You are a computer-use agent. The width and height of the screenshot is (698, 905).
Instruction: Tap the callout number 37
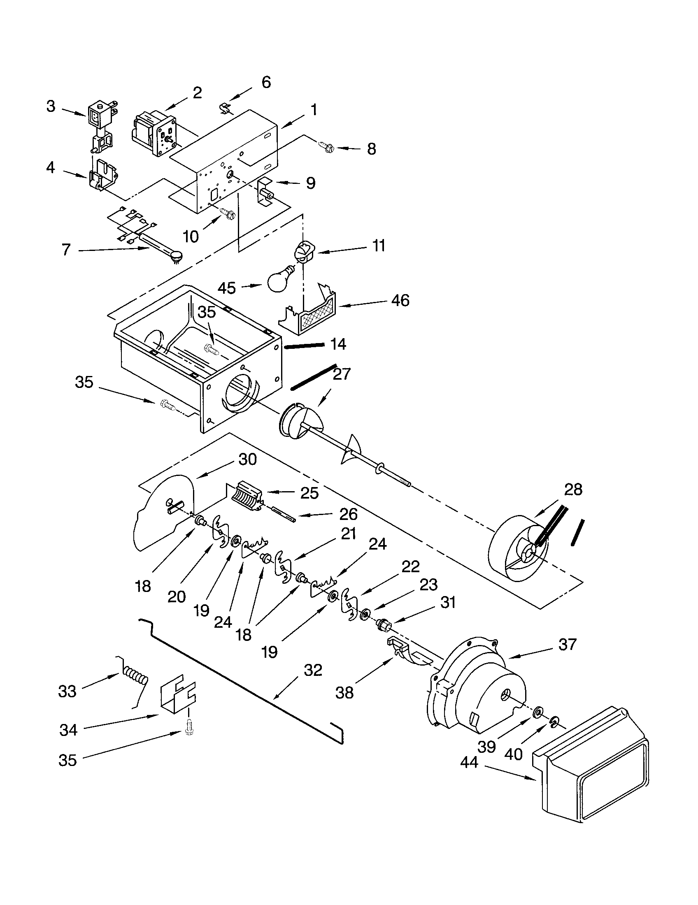(x=567, y=644)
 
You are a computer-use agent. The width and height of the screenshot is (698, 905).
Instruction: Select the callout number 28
(x=573, y=490)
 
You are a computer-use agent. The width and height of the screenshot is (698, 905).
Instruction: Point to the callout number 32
(x=313, y=670)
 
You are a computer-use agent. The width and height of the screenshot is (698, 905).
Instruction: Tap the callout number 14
(x=338, y=344)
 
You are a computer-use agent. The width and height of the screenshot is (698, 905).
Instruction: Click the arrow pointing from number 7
(x=114, y=249)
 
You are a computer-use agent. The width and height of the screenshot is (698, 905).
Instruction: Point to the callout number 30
(x=248, y=459)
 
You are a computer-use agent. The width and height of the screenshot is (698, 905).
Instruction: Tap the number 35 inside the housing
(x=207, y=313)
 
